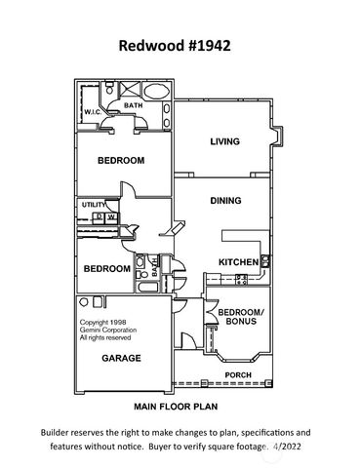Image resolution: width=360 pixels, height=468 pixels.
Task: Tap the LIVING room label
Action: coord(224,142)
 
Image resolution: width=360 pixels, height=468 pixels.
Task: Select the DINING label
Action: coord(225,200)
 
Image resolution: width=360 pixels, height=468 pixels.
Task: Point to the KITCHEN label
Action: coord(237,261)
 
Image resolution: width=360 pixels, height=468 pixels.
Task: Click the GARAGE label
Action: coord(122,358)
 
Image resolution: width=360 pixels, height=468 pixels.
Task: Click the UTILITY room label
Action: coord(93,204)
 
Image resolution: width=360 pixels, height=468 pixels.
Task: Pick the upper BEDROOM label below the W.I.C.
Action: coord(121,160)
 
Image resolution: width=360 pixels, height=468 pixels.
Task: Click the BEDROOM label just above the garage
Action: coord(106,268)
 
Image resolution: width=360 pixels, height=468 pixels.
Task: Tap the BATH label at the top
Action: coord(134,107)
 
